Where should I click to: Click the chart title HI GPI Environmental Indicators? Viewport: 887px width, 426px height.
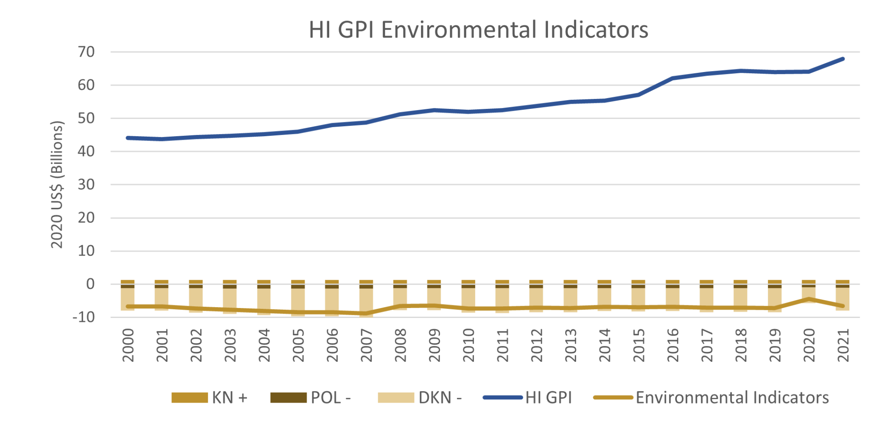point(478,30)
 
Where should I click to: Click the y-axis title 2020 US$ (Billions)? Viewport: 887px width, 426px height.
point(57,185)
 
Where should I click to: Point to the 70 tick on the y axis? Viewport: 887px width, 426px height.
point(86,52)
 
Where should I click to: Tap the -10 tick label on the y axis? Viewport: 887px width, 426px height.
point(84,317)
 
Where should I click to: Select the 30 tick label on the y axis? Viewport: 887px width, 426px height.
point(86,185)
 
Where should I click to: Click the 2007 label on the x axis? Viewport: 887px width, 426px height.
point(366,345)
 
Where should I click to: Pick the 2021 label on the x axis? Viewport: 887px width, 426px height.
point(843,345)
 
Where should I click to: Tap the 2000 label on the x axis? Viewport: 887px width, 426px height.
point(128,345)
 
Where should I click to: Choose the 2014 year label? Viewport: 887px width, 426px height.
point(605,345)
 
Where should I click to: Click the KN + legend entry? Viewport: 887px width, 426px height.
point(209,397)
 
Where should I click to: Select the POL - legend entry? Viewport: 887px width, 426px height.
point(310,397)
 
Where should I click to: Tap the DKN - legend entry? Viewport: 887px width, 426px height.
point(419,397)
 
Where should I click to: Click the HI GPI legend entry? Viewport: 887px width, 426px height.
point(528,397)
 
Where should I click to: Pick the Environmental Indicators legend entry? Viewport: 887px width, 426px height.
point(711,397)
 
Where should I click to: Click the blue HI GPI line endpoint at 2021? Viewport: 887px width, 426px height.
point(842,59)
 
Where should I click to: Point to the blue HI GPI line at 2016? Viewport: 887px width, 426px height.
point(673,79)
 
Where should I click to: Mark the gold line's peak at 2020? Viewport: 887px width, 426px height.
point(809,299)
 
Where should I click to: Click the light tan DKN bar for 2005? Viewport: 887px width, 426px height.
point(298,301)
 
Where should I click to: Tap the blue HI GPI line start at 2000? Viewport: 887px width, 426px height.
point(128,138)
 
